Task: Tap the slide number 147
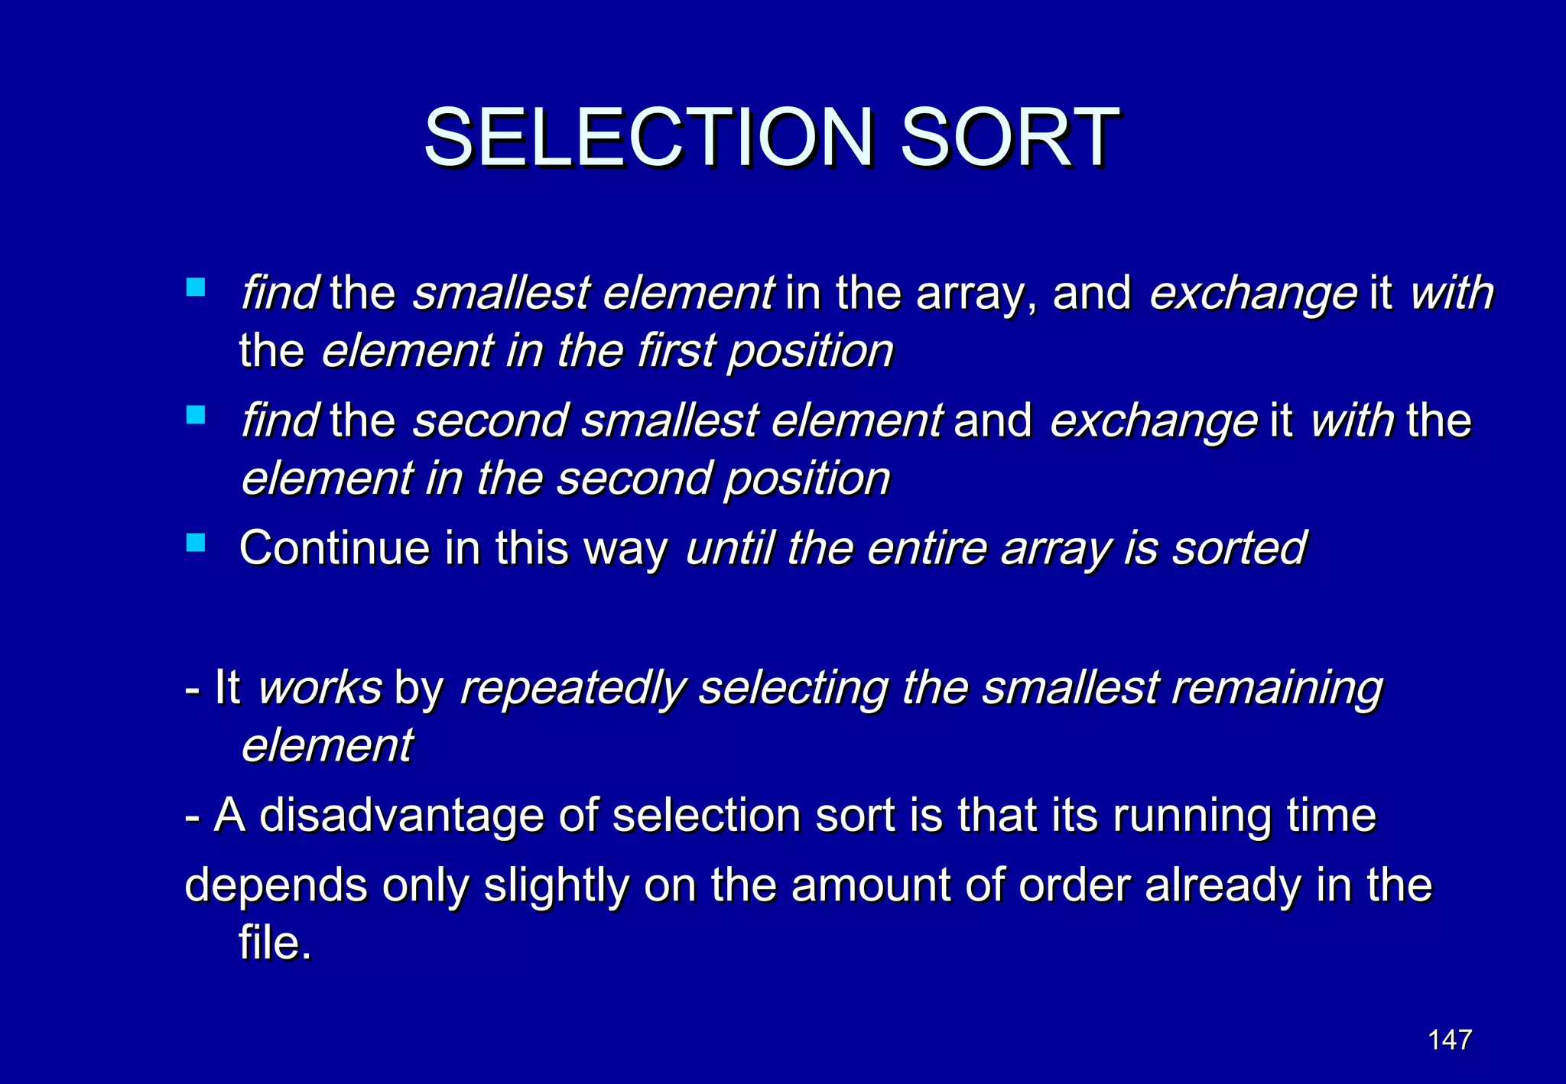pos(1450,1040)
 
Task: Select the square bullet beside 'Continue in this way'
pos(196,544)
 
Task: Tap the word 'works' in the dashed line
pos(320,687)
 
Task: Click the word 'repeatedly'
pos(573,689)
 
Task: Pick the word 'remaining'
pos(1278,689)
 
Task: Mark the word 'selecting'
pos(793,689)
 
